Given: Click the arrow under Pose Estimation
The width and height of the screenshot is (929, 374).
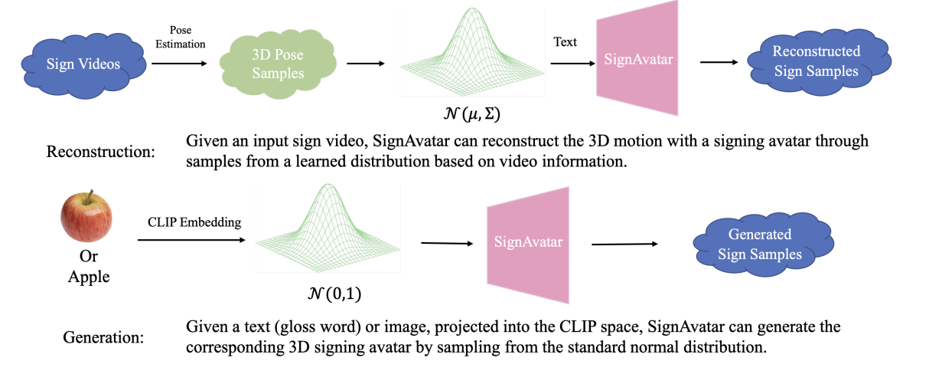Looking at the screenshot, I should [179, 63].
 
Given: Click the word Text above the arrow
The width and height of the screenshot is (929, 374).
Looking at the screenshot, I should [566, 41].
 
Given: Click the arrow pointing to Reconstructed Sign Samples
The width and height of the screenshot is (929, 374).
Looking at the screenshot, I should [723, 62].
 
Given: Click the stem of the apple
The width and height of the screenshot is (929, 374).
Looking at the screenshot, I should [89, 196].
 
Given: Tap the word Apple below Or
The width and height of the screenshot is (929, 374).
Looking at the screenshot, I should [89, 277].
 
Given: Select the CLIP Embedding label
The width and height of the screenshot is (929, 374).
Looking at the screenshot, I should [194, 223].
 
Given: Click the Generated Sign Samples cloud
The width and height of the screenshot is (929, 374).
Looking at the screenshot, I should [759, 244].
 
